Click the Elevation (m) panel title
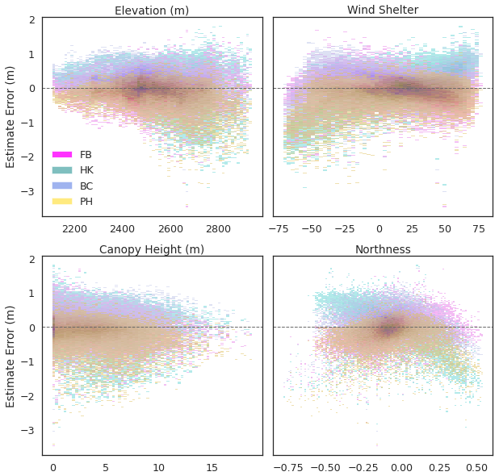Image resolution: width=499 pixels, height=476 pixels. (152, 10)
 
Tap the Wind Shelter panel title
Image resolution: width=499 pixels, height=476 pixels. (383, 10)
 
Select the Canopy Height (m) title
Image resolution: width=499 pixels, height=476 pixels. (152, 249)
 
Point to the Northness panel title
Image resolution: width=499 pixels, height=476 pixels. (383, 249)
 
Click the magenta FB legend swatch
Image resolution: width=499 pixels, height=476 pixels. (62, 154)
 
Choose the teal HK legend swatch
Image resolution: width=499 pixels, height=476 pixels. (62, 169)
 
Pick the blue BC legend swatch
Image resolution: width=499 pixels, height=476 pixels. (62, 186)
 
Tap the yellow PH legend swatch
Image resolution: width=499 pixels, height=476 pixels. (62, 201)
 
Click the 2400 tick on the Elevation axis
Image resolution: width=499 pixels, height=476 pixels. (123, 228)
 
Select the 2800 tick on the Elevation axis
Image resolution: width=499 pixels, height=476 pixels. (218, 228)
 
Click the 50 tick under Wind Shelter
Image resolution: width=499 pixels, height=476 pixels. (445, 228)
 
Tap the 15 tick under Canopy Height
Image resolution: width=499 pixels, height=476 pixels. (212, 467)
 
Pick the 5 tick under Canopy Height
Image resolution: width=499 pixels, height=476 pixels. (106, 467)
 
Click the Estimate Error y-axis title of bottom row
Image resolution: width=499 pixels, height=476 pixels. (10, 356)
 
